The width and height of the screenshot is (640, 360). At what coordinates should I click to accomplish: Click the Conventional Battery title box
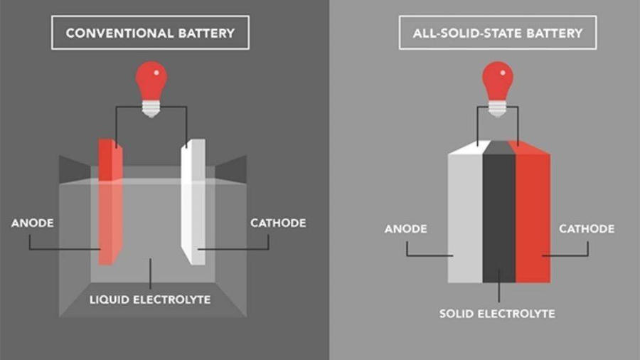click(x=150, y=33)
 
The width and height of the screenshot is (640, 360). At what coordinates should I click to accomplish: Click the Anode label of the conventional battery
click(x=33, y=223)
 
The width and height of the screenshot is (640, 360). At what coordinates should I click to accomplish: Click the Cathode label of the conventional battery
click(x=278, y=223)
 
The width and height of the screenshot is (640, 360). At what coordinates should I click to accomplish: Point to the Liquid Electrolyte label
click(x=150, y=300)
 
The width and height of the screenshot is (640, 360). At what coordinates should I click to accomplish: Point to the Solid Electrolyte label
click(x=497, y=313)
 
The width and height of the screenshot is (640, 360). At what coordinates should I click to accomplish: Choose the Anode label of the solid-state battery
click(x=405, y=228)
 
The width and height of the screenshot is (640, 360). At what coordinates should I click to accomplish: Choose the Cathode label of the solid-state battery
click(x=587, y=228)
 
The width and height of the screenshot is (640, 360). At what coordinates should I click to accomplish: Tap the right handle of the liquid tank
click(x=230, y=169)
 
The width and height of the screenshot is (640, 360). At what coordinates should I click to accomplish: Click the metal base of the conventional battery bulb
click(x=151, y=108)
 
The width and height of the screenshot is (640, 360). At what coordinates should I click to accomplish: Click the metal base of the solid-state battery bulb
click(x=498, y=107)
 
